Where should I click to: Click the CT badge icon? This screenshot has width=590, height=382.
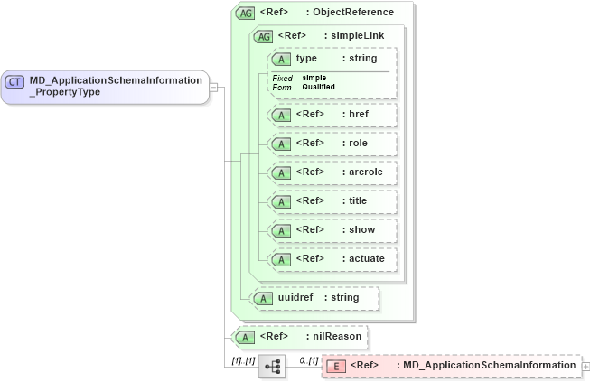(x=15, y=81)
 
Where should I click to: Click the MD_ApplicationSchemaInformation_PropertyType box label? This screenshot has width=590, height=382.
(x=115, y=87)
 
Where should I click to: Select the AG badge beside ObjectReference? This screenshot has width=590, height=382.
(x=245, y=14)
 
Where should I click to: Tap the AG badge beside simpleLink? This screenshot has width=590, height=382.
(x=264, y=36)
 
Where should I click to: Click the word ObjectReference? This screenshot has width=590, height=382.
(x=354, y=14)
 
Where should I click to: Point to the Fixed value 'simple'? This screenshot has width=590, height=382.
(x=314, y=78)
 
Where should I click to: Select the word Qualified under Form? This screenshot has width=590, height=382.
(x=318, y=87)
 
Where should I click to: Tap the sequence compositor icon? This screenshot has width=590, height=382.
(x=271, y=367)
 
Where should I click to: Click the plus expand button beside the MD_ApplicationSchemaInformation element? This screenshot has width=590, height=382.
(x=585, y=366)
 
